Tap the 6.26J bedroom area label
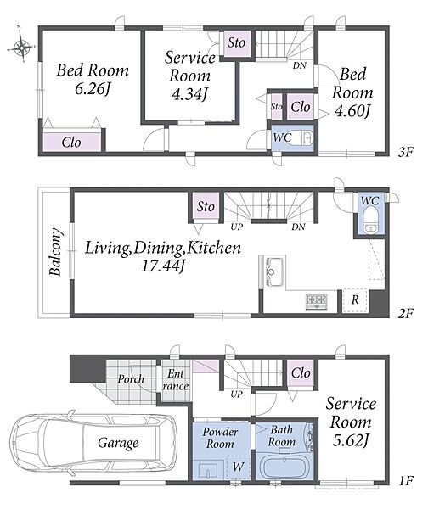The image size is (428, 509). point(92,88)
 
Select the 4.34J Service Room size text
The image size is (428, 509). point(189,93)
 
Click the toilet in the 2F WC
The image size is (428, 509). point(370,220)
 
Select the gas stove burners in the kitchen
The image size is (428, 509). point(316,302)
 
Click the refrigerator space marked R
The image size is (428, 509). point(355,300)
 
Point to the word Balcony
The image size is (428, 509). point(55,252)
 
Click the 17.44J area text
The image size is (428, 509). point(163,266)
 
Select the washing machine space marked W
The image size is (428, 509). point(239,467)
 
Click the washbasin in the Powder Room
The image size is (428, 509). point(207,470)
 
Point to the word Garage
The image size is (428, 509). point(118,443)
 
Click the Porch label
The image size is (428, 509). point(131,378)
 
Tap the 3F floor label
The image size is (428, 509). point(405,152)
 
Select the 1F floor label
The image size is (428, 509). point(405,480)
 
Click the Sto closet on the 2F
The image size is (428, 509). point(206,206)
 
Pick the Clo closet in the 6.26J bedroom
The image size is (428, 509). point(71,143)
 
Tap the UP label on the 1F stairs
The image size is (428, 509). point(236,394)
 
